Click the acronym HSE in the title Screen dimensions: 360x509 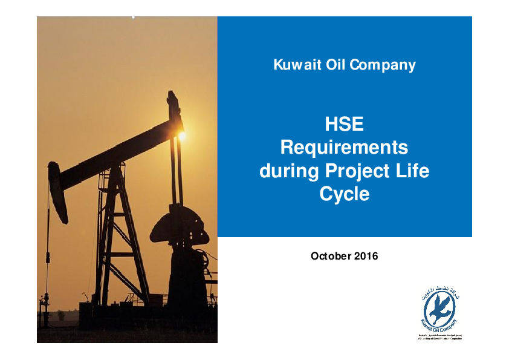(x=344, y=125)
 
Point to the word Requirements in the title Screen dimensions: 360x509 (x=344, y=148)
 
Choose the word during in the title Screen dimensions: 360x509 (x=288, y=171)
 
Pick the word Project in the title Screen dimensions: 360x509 (x=361, y=172)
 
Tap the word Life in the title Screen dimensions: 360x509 (x=415, y=171)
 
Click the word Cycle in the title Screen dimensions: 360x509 (x=344, y=195)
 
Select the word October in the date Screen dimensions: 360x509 (x=329, y=256)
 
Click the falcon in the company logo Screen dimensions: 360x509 (x=439, y=309)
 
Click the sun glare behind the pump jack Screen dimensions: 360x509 (x=182, y=136)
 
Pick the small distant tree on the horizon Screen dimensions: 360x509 (x=60, y=314)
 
